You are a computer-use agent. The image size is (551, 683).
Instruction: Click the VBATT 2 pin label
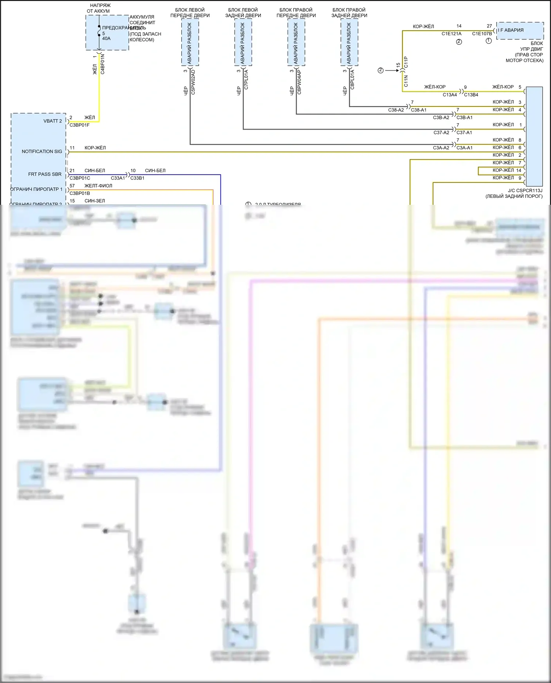tap(53, 121)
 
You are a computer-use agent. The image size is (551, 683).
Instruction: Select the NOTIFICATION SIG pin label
tap(42, 152)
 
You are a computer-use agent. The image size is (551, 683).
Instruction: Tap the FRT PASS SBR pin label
tap(45, 174)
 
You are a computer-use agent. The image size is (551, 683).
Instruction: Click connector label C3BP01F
tap(80, 125)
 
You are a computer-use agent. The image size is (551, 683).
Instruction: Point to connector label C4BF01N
tap(102, 64)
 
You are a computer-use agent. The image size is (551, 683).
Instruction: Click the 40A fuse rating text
tap(106, 39)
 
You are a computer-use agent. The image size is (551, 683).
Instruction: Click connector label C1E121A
tap(451, 34)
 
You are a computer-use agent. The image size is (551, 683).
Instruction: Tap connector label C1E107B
tap(482, 34)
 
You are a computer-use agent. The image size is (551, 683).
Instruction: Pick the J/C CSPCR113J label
tap(525, 191)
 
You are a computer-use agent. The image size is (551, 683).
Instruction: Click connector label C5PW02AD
tap(193, 82)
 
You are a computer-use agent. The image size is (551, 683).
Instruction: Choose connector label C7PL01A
tap(246, 80)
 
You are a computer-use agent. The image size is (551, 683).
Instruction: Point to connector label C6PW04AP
tap(299, 82)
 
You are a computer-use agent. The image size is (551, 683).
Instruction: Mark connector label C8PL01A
tap(352, 80)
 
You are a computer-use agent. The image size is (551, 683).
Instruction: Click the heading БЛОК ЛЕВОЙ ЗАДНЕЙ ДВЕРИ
tap(243, 13)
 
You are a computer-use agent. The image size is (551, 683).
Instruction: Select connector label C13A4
tap(450, 95)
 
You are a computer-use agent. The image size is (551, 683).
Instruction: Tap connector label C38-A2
tap(396, 110)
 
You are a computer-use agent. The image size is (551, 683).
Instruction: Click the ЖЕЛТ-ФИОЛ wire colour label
tap(98, 186)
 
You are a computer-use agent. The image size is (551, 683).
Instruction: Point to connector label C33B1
tap(137, 178)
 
